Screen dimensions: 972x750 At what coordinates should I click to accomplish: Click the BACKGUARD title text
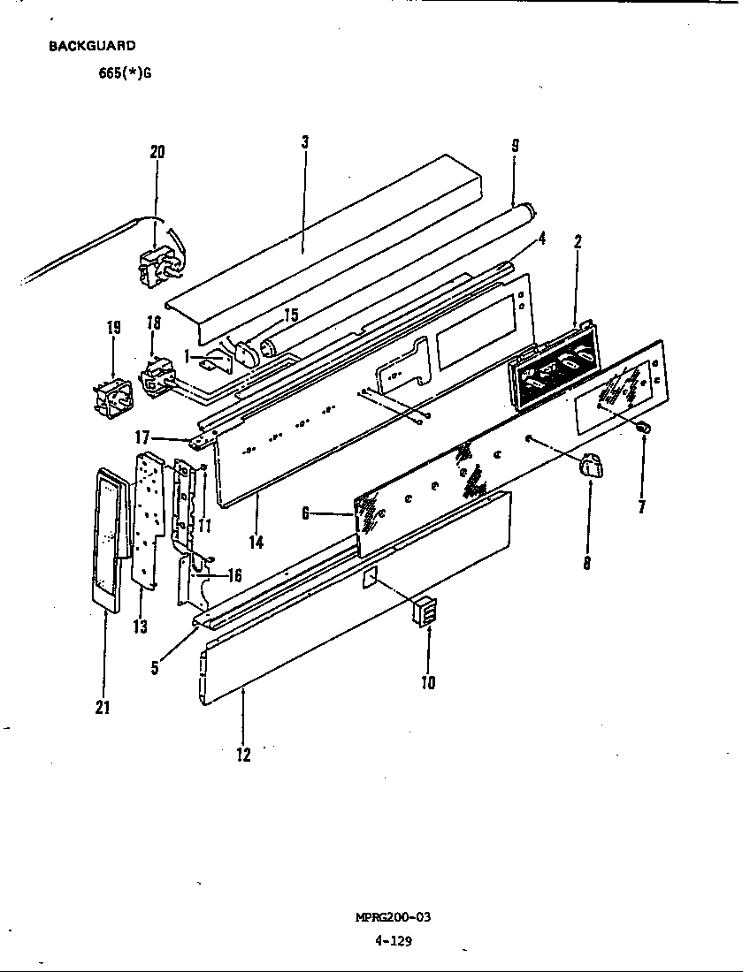point(92,46)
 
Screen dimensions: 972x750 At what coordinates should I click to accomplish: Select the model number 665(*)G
point(125,73)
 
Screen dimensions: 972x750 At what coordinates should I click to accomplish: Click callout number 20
point(157,152)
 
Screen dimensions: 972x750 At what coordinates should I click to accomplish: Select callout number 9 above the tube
point(514,147)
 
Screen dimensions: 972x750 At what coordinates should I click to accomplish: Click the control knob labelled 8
point(589,466)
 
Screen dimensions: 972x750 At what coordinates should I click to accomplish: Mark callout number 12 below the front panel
point(243,755)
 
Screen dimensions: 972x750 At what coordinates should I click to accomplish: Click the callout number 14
point(256,542)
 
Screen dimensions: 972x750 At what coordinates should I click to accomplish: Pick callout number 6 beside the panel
point(305,513)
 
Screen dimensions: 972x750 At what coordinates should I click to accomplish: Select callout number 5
point(155,667)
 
